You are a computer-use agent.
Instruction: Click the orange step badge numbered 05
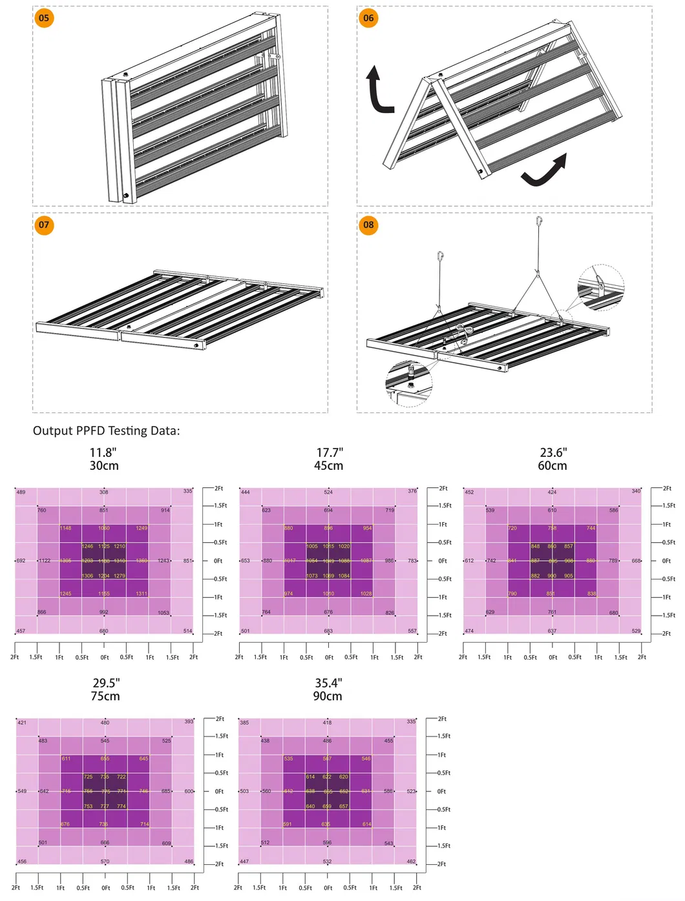pyautogui.click(x=44, y=18)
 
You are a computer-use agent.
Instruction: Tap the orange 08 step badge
pyautogui.click(x=368, y=225)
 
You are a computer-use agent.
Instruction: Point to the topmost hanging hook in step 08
pyautogui.click(x=539, y=222)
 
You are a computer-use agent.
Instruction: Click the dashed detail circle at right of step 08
pyautogui.click(x=600, y=287)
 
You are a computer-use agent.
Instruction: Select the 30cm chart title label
pyautogui.click(x=104, y=466)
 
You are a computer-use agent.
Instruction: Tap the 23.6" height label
pyautogui.click(x=553, y=452)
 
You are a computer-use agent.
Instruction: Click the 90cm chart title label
pyautogui.click(x=328, y=696)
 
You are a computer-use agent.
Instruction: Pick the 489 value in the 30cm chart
pyautogui.click(x=21, y=492)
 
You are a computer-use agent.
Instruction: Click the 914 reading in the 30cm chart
pyautogui.click(x=165, y=511)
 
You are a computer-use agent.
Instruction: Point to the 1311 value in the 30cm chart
pyautogui.click(x=142, y=594)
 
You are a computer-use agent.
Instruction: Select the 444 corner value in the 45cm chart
pyautogui.click(x=246, y=492)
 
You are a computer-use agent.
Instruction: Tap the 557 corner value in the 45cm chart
pyautogui.click(x=412, y=631)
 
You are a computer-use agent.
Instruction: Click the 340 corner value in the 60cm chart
pyautogui.click(x=636, y=491)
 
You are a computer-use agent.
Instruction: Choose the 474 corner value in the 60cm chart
pyautogui.click(x=469, y=631)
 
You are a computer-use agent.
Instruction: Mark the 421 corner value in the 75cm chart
pyautogui.click(x=22, y=723)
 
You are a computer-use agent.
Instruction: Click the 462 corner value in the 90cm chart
pyautogui.click(x=411, y=862)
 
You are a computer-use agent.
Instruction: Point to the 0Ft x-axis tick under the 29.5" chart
pyautogui.click(x=106, y=888)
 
